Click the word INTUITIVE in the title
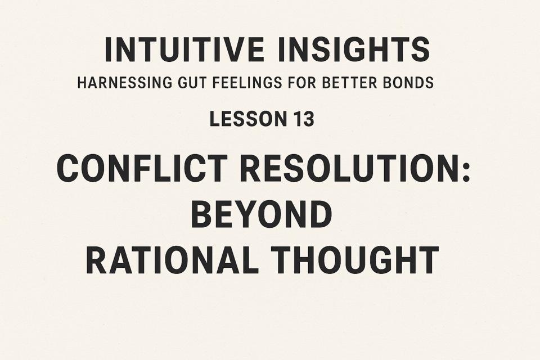click(184, 49)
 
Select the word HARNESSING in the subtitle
click(124, 83)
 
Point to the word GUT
click(191, 83)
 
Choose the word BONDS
click(408, 83)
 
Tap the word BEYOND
click(262, 214)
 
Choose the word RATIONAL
click(173, 260)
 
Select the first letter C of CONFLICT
click(68, 168)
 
